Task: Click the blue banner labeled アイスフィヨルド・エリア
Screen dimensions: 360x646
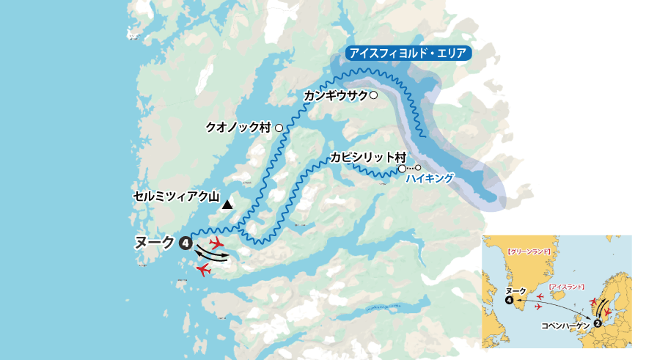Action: (408, 54)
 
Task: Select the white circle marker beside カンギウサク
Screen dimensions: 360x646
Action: (373, 95)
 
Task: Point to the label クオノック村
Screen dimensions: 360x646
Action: (239, 128)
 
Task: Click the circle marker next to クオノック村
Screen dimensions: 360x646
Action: (279, 128)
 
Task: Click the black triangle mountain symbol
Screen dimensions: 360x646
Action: (228, 205)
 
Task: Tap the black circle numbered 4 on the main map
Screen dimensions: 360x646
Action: (186, 243)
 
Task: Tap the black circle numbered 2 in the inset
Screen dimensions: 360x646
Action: (598, 321)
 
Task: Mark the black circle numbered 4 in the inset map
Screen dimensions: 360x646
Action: (510, 300)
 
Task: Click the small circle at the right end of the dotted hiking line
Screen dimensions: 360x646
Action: (418, 169)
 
